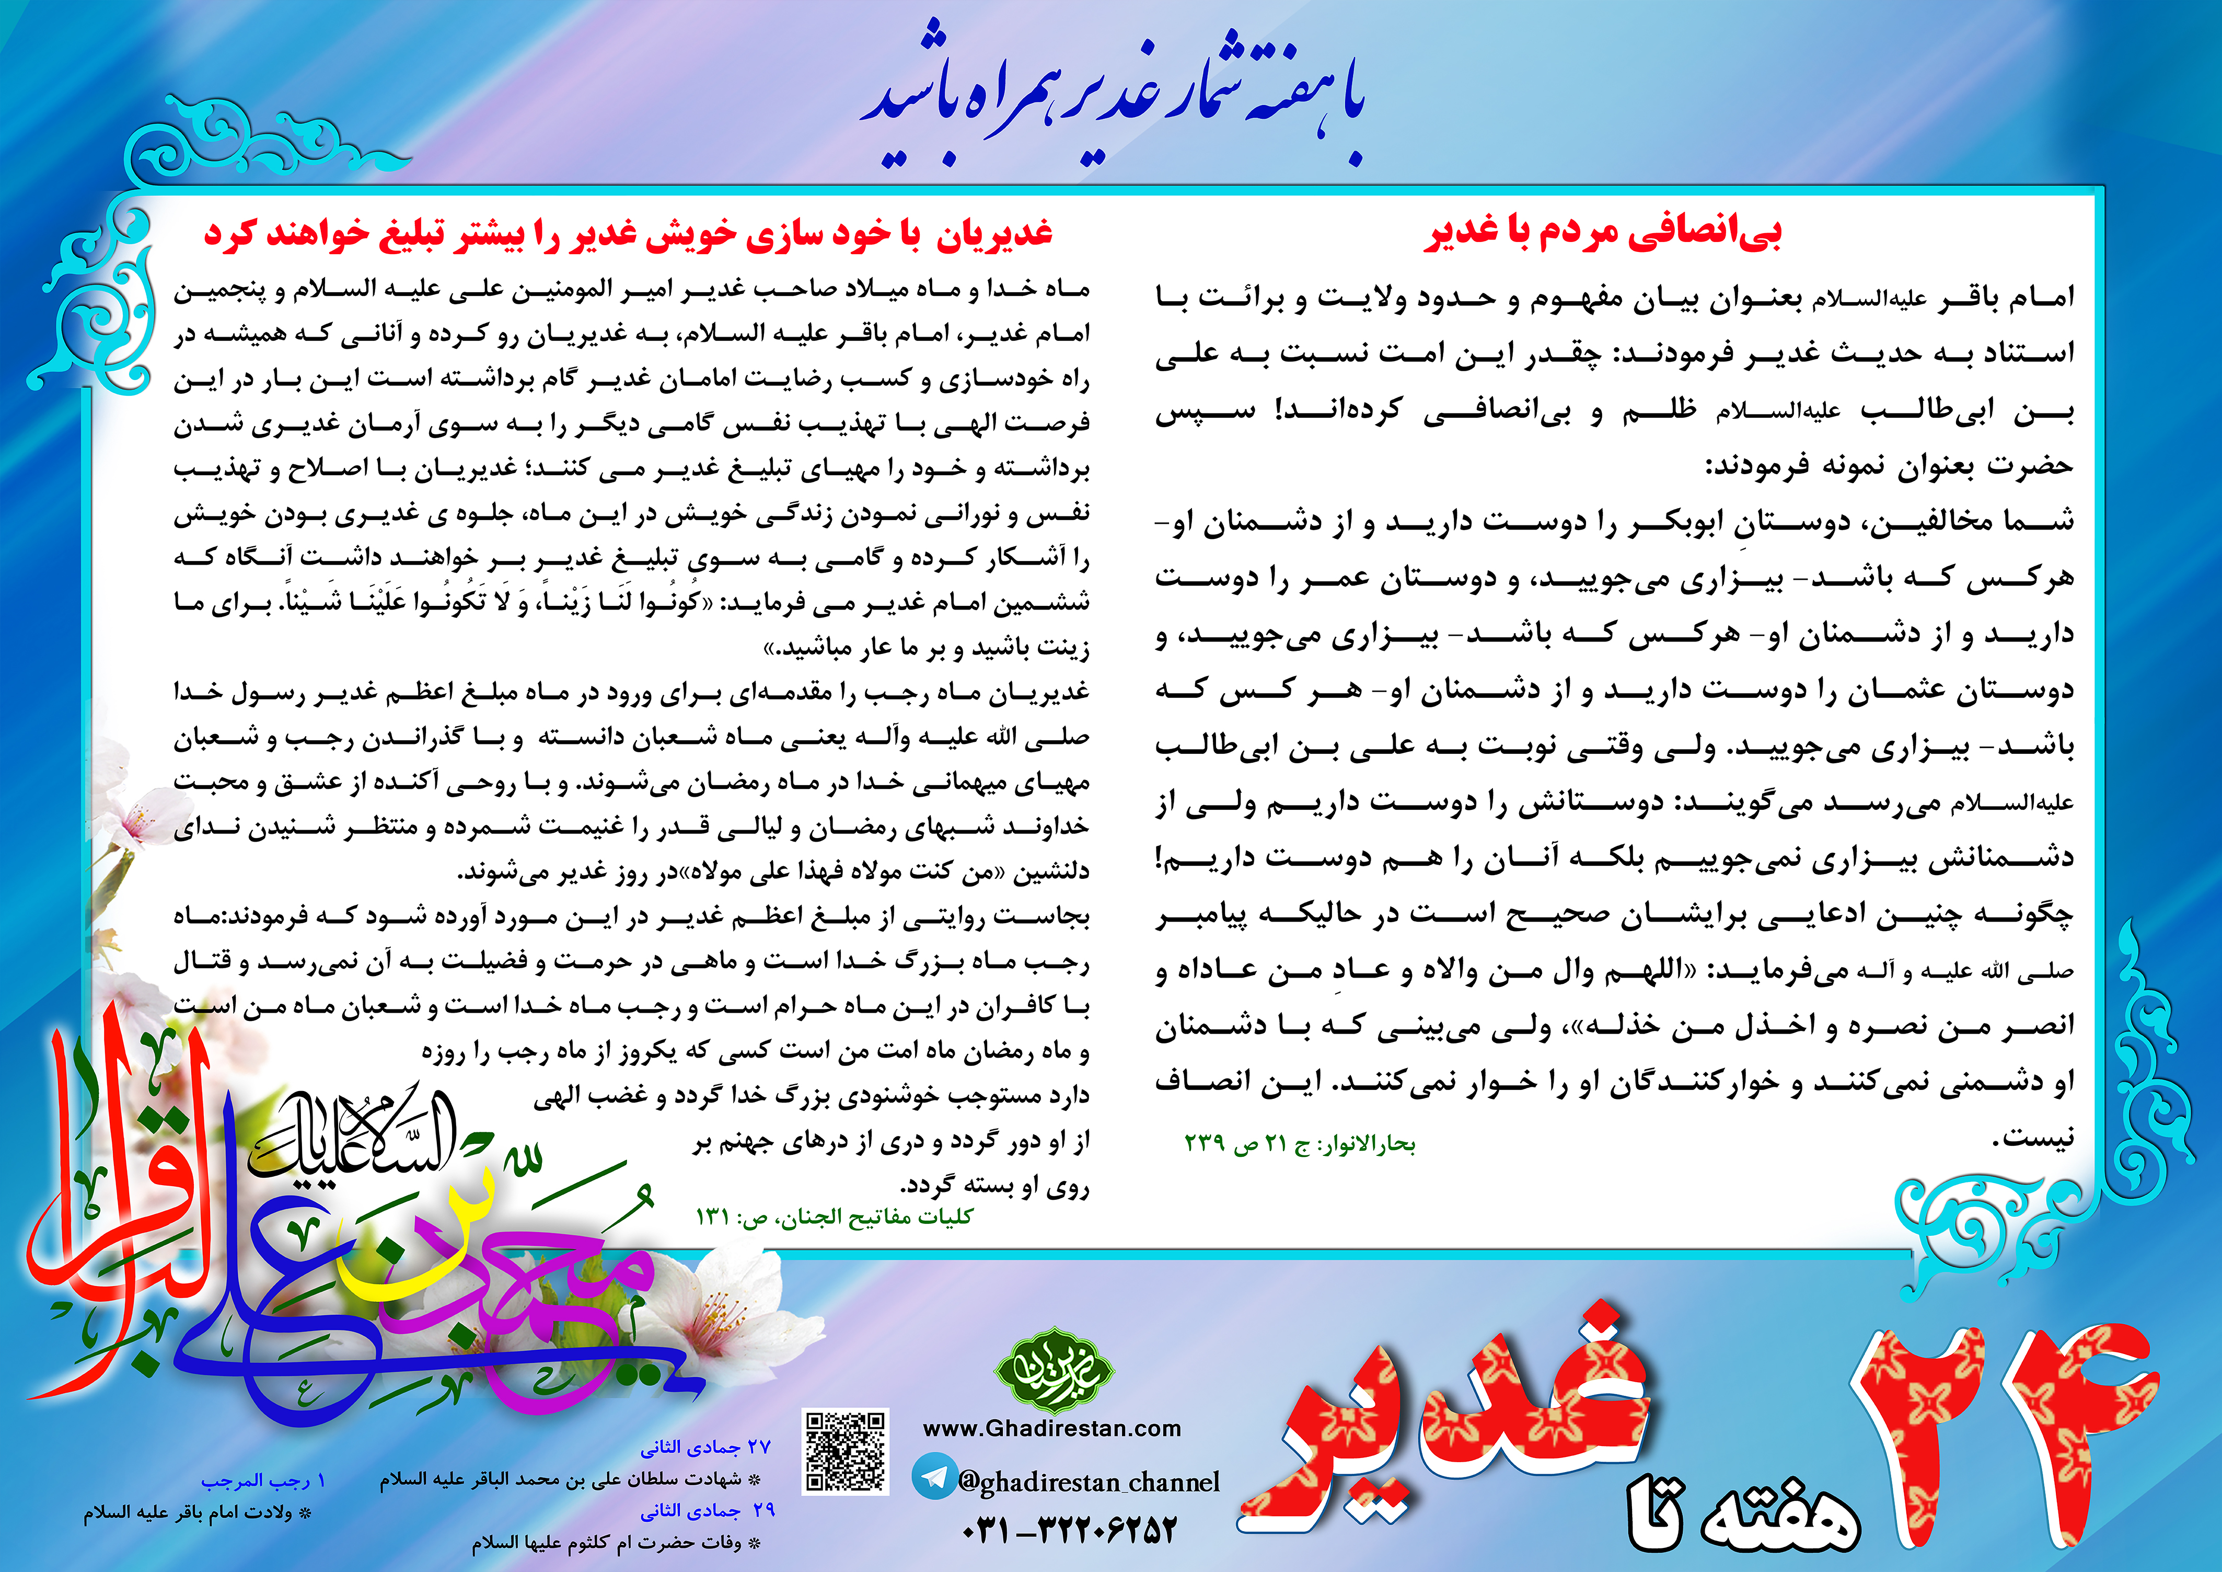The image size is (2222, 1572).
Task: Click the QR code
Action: (x=845, y=1451)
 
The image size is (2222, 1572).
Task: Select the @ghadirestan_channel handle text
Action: (x=1089, y=1482)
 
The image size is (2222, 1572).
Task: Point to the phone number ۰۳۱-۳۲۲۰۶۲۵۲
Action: (x=1069, y=1530)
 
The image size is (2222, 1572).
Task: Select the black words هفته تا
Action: (x=1742, y=1515)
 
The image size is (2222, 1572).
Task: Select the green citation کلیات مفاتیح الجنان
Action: (x=834, y=1217)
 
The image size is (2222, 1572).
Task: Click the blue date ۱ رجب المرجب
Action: (x=263, y=1481)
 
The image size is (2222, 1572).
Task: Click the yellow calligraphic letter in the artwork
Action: (x=387, y=1258)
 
